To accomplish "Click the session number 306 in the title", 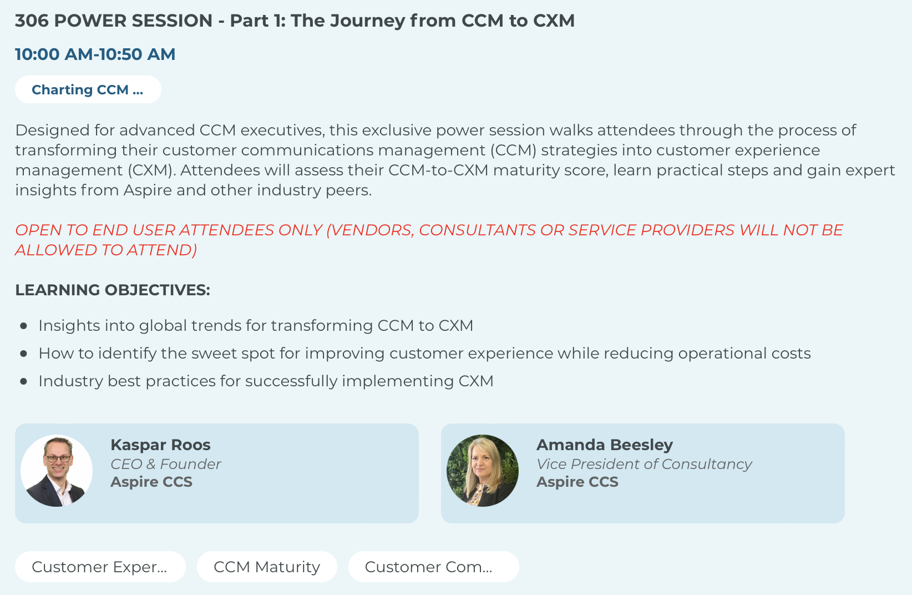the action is (32, 21).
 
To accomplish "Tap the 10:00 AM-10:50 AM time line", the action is (95, 54).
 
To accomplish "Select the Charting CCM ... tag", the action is (88, 89).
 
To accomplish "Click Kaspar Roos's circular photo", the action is (57, 471).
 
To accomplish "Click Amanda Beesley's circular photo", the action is (483, 471).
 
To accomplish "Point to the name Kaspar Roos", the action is (160, 445).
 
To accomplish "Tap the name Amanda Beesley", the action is (605, 445).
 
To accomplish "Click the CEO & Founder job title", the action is (166, 464).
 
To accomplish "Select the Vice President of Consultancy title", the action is (644, 464).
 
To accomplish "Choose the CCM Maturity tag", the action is (267, 567).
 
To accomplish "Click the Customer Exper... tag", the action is (100, 567).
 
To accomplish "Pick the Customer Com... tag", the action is (434, 567).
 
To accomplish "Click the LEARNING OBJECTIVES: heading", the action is (113, 290).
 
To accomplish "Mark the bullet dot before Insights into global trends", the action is (24, 326).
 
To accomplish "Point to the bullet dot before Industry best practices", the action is (24, 381).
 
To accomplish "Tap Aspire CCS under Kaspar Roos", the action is (151, 482).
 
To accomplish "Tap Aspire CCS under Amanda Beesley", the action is (577, 482).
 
